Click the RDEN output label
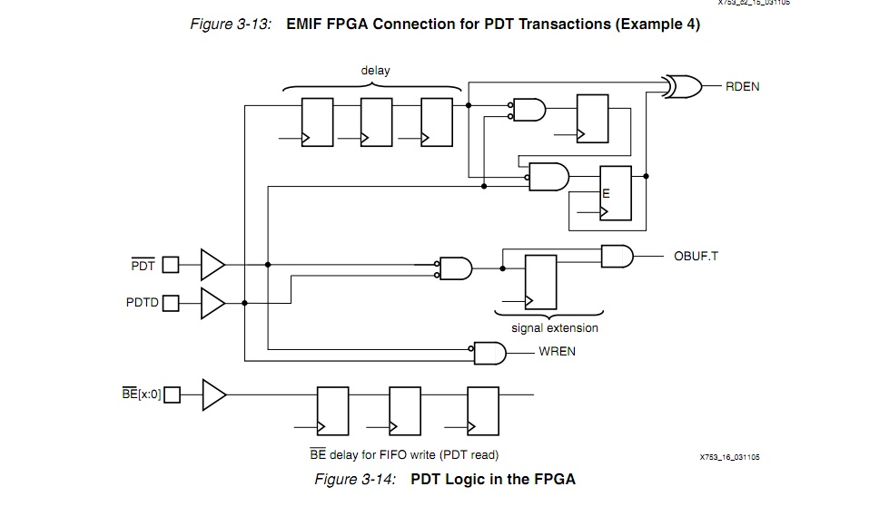[x=742, y=86]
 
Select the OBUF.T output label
[x=696, y=256]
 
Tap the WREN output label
[x=557, y=351]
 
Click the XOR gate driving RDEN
[x=681, y=86]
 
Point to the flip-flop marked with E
[x=615, y=193]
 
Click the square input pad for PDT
[x=171, y=265]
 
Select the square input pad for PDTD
[x=171, y=303]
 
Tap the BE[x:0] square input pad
[x=172, y=394]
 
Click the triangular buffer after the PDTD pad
[x=212, y=303]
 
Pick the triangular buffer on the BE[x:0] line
[x=213, y=394]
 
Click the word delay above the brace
[x=375, y=71]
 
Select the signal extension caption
[x=555, y=327]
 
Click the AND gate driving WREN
[x=489, y=351]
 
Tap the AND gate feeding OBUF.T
[x=617, y=256]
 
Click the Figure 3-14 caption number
[x=355, y=479]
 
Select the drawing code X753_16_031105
[x=729, y=457]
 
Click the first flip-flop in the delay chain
[x=317, y=122]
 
